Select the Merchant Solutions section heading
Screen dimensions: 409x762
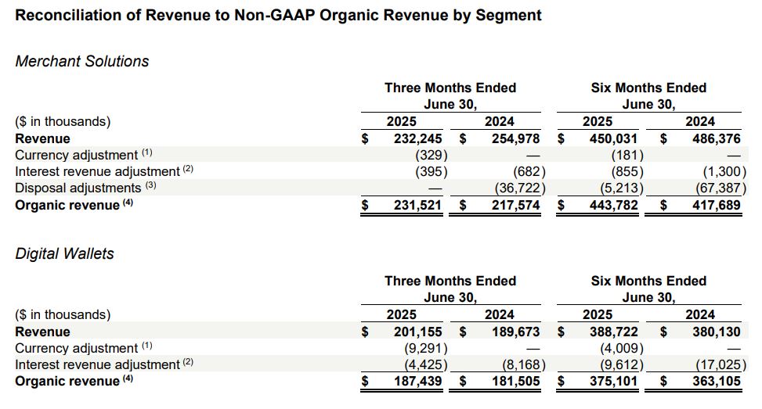82,61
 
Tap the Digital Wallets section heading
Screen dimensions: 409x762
65,253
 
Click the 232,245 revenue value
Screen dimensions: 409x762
419,138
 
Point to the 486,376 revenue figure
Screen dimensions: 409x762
713,138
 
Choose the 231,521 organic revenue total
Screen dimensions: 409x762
419,206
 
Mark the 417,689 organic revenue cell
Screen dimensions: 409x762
713,206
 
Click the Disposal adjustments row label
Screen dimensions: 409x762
78,188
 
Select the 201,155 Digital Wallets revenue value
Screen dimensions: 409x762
419,332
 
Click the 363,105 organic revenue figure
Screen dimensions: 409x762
713,382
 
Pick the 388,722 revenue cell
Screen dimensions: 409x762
615,332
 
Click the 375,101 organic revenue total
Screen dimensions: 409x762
615,382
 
